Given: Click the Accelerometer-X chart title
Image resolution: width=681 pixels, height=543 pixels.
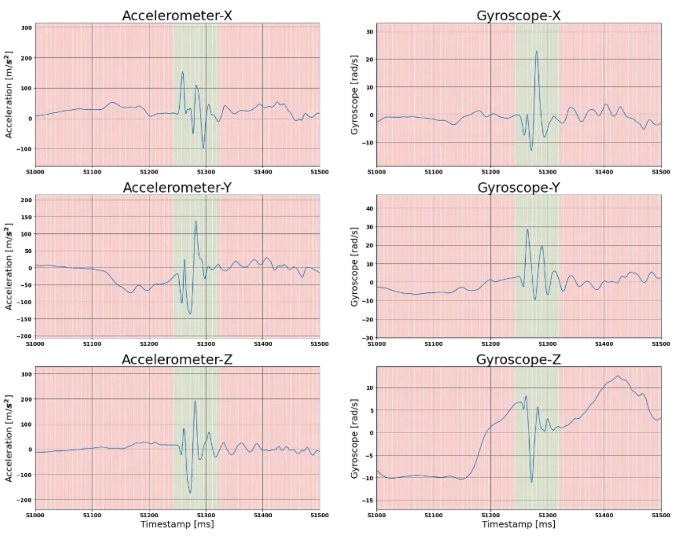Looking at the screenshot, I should tap(177, 15).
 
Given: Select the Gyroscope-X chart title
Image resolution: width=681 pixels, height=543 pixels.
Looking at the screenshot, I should tap(518, 15).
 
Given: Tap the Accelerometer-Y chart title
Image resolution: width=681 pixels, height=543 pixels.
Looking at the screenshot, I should tap(177, 187).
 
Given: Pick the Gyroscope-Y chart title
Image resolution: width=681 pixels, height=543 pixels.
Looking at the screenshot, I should tap(518, 187).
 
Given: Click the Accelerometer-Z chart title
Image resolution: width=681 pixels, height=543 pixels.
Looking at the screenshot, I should tap(177, 359).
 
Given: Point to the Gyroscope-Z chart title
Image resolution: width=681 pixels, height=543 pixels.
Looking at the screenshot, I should tap(518, 359).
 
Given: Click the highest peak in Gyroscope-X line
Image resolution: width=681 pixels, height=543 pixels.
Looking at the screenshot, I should tap(536, 51).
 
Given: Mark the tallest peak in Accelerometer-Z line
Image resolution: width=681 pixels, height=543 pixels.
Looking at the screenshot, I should tap(195, 401).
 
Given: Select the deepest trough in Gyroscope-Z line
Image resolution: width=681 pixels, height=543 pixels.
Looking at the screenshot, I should tap(532, 482).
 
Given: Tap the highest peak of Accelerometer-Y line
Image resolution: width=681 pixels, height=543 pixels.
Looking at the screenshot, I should tap(196, 221).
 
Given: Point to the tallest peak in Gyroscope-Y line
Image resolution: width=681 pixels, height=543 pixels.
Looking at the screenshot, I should tap(527, 229).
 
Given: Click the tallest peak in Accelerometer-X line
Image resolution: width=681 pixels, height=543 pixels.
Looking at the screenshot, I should tap(182, 72).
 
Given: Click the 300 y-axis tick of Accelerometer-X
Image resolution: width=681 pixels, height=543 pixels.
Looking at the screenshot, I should tap(26, 28).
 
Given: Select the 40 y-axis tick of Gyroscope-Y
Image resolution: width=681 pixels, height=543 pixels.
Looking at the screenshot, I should tap(369, 208).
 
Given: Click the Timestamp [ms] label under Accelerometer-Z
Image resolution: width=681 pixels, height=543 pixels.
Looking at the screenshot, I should tap(177, 524).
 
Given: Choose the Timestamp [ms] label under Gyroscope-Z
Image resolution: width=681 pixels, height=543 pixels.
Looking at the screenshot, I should tap(518, 524).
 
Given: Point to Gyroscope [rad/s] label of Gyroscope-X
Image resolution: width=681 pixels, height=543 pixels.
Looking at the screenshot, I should tap(354, 94).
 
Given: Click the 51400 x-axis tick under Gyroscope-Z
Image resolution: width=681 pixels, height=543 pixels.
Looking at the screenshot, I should tap(604, 515).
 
